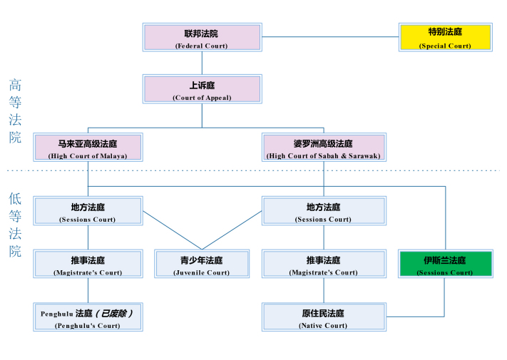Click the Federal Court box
(202, 38)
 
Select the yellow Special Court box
(445, 38)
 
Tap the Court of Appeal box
(202, 90)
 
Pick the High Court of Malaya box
(88, 148)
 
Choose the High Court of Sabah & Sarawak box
(324, 148)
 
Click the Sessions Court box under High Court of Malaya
(88, 212)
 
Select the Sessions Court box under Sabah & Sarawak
(324, 212)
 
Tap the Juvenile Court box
(203, 264)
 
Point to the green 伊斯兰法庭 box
(445, 264)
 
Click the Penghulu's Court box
(88, 317)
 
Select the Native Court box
(324, 317)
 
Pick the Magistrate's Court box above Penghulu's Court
(88, 264)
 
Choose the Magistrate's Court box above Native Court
(324, 264)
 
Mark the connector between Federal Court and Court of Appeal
(202, 63)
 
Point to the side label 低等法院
(15, 225)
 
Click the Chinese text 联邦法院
(202, 33)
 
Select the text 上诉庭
(202, 85)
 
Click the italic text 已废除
(114, 312)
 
